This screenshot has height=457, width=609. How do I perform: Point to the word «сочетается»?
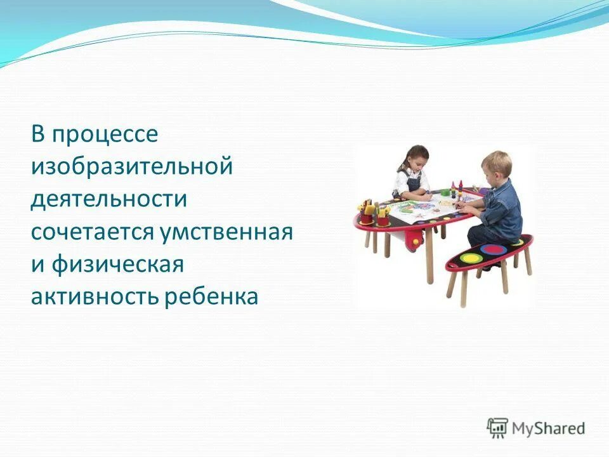[x=90, y=232]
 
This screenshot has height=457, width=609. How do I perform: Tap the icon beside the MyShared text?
[x=498, y=428]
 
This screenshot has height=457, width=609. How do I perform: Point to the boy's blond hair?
[x=497, y=162]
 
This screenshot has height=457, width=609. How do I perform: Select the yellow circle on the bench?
[x=472, y=258]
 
